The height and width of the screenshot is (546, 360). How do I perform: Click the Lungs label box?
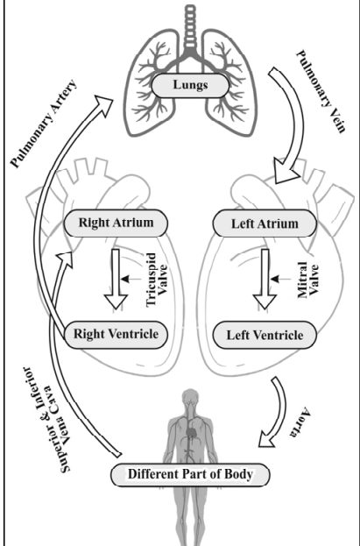[190, 85]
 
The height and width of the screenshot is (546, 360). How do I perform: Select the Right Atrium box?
[116, 223]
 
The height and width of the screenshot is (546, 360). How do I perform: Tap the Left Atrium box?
[265, 223]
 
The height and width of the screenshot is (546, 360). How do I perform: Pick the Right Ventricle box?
[116, 335]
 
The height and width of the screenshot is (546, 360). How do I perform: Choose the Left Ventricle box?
[265, 335]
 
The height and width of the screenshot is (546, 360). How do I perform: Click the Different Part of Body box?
[190, 475]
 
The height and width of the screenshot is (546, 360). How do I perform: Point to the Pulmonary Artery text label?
[44, 124]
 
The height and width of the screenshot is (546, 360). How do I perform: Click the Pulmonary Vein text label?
[321, 91]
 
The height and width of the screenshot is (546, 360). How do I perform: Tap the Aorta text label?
[300, 422]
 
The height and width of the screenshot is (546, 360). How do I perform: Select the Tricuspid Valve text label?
[157, 280]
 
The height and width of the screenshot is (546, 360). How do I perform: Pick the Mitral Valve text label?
[308, 280]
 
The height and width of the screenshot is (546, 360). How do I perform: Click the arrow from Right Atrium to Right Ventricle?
[116, 279]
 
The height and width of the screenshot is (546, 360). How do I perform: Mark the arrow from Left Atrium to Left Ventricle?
[265, 279]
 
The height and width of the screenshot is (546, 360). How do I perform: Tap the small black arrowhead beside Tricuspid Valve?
[125, 279]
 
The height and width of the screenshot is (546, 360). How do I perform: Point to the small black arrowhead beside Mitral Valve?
[275, 279]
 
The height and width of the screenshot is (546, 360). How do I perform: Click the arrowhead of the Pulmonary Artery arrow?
[103, 104]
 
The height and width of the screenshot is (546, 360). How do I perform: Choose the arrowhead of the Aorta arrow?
[267, 439]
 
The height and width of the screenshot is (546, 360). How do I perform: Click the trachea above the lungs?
[190, 26]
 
